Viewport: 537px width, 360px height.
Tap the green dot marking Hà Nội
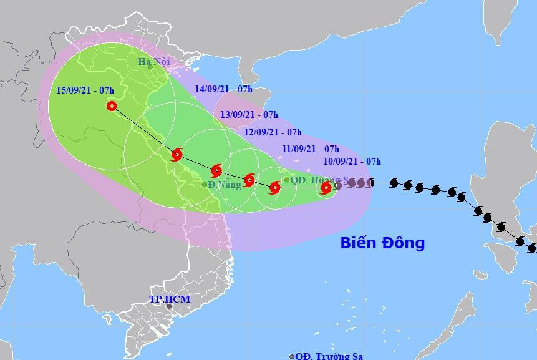[150, 67]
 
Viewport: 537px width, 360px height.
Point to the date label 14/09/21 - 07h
[223, 89]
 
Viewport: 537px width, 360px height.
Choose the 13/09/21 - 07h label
[249, 115]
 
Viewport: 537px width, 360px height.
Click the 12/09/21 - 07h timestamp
[273, 132]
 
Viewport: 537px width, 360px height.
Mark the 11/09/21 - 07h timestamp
[310, 148]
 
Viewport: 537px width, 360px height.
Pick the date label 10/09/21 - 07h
[352, 162]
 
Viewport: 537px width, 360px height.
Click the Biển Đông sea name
[382, 243]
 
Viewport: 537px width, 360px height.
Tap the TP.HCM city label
[170, 299]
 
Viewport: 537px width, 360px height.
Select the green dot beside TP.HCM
[168, 306]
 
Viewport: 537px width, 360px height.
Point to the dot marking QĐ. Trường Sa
[292, 356]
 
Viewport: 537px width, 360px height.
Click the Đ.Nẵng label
[225, 185]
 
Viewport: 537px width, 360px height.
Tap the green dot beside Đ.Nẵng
[205, 185]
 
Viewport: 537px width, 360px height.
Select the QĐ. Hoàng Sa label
[315, 180]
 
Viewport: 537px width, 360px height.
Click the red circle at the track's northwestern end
[112, 106]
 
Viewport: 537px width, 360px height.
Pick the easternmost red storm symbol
[326, 187]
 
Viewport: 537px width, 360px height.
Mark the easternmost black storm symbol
[532, 248]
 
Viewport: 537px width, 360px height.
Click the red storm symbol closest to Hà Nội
[177, 154]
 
